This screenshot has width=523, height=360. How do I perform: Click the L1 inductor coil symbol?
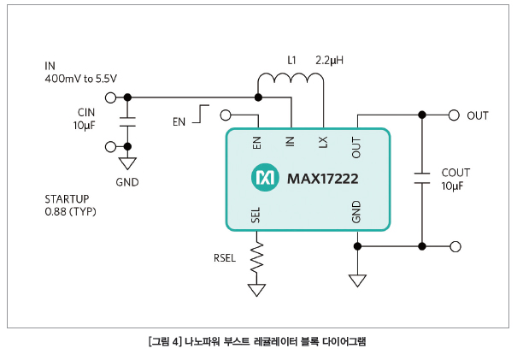tap(291, 78)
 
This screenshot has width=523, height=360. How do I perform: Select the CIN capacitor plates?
tap(127, 121)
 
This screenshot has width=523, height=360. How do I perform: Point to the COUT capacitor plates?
tap(422, 178)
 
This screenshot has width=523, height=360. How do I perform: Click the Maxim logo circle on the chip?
tap(265, 178)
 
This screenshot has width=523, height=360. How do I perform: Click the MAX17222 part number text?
tap(322, 179)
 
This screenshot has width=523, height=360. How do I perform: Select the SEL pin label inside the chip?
tap(256, 215)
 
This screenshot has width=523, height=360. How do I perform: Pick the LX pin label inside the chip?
tap(323, 142)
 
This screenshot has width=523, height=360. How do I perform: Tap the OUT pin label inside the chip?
tap(356, 147)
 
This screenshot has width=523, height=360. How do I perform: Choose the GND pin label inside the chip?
tap(356, 211)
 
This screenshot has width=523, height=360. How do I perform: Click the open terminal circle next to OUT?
tap(454, 115)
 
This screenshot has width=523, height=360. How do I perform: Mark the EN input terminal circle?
tap(226, 115)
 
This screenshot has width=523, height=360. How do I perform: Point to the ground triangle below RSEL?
tap(257, 290)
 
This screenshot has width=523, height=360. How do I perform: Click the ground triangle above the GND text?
tap(127, 163)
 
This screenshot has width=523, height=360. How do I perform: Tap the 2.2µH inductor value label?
tap(329, 61)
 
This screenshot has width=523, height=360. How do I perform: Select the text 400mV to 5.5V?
tap(80, 79)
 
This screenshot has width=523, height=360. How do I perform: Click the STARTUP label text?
tap(67, 199)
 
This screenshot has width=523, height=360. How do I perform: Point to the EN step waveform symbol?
tap(201, 114)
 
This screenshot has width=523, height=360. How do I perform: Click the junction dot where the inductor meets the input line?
tap(258, 97)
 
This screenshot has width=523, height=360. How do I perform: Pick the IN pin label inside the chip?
tap(291, 141)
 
